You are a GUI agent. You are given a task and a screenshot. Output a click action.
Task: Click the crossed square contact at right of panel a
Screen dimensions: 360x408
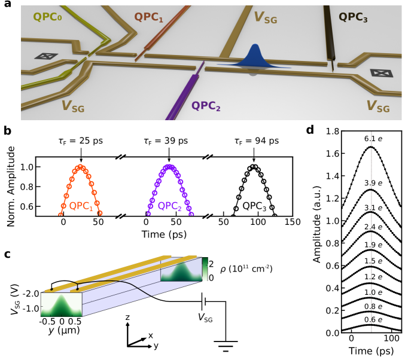[379, 73]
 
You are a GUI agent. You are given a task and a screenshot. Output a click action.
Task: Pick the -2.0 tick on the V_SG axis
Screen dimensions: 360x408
[31, 294]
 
